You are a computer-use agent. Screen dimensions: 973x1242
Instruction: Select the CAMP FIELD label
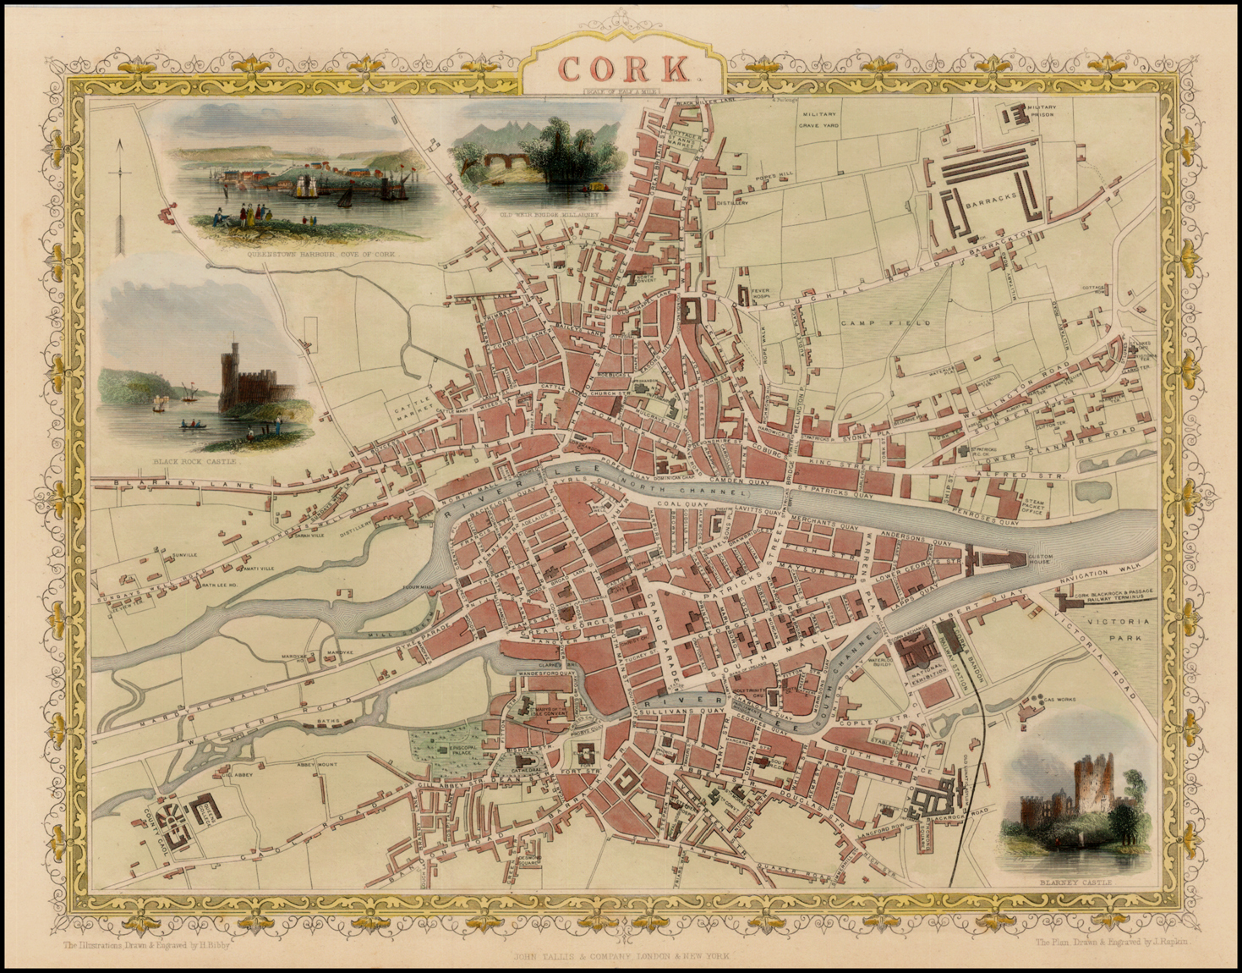pos(885,323)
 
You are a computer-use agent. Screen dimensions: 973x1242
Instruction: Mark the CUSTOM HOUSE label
pos(1039,559)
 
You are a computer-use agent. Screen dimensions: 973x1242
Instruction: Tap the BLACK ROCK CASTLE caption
pos(196,463)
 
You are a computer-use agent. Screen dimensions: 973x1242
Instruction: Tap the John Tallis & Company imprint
pos(621,956)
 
